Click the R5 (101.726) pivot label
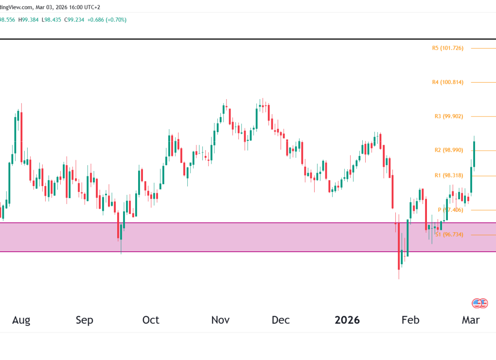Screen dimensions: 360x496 [447, 48]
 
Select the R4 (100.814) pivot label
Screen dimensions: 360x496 [447, 82]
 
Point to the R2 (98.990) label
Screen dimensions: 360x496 [448, 150]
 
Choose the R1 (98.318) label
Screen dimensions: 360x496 [448, 175]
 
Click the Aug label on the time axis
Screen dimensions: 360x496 [21, 320]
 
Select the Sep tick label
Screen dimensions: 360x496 [84, 320]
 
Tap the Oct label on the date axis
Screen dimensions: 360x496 [151, 320]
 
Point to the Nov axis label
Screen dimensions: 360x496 [220, 320]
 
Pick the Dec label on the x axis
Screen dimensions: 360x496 [281, 320]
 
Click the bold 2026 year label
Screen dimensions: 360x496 [347, 320]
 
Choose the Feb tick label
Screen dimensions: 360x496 [410, 320]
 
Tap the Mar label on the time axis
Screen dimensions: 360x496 [471, 320]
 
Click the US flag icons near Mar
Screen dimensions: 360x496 [479, 304]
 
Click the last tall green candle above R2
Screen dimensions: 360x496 [474, 154]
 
